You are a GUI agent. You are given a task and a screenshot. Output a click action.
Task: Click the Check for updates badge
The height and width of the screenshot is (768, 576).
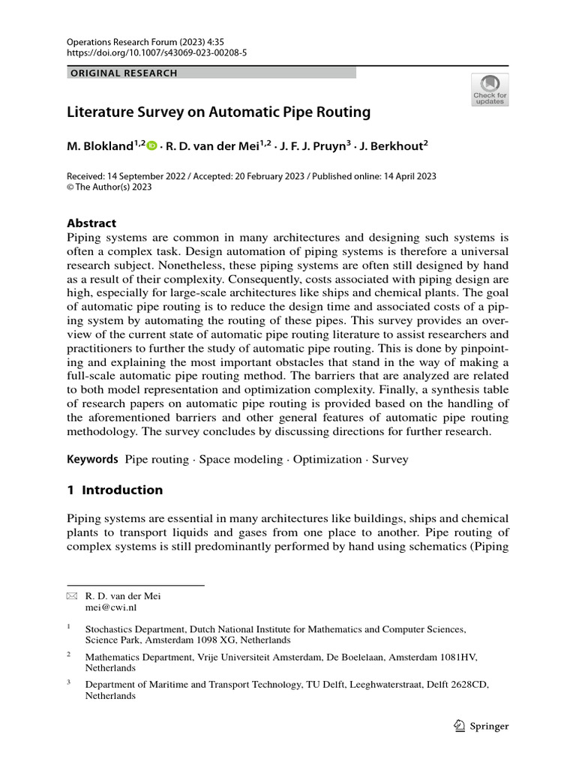pyautogui.click(x=489, y=89)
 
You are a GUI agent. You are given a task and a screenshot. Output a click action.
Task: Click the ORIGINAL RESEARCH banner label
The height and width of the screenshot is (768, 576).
pyautogui.click(x=123, y=73)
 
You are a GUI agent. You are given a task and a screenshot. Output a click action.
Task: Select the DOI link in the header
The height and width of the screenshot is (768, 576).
pyautogui.click(x=157, y=54)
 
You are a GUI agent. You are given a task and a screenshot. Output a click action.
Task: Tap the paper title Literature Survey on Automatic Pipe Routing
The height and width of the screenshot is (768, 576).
pyautogui.click(x=219, y=112)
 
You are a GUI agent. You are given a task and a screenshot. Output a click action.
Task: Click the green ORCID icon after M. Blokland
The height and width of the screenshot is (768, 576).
pyautogui.click(x=152, y=146)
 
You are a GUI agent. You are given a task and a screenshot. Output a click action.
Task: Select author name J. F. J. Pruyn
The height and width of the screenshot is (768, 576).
pyautogui.click(x=308, y=146)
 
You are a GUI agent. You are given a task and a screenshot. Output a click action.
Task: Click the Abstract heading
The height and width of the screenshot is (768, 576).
pyautogui.click(x=91, y=223)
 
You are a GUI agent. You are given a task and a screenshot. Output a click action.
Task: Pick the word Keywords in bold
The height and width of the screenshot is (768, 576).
pyautogui.click(x=93, y=459)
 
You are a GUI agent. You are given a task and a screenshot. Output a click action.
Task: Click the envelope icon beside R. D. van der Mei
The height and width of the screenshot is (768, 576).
pyautogui.click(x=72, y=597)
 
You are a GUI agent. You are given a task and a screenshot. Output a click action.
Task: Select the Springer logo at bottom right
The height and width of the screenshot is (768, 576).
pyautogui.click(x=482, y=726)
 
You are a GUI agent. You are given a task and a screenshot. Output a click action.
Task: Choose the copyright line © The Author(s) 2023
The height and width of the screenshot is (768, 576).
pyautogui.click(x=109, y=187)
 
